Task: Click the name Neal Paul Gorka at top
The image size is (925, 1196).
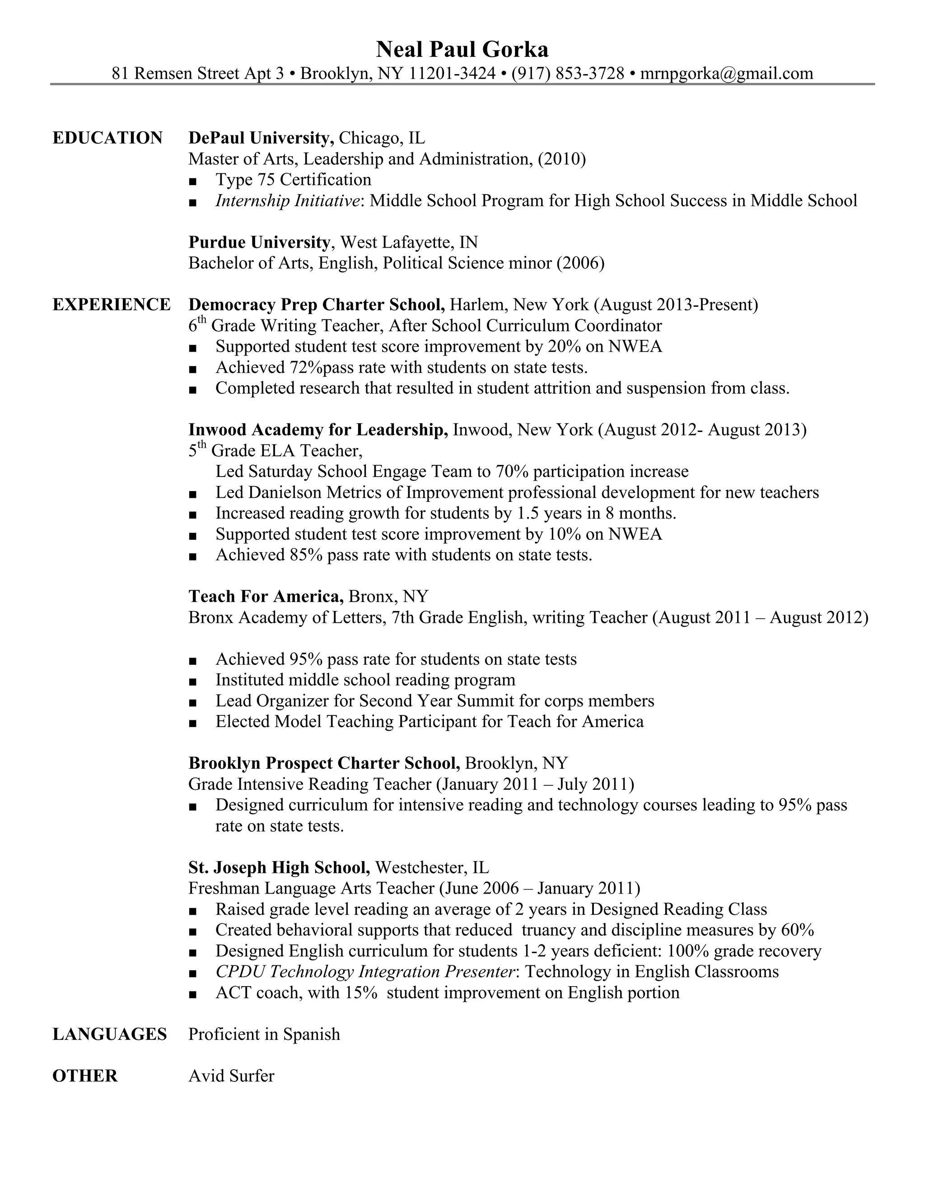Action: click(x=462, y=50)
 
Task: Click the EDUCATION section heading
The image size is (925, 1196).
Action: click(x=107, y=138)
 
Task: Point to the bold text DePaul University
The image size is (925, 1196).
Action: click(x=261, y=138)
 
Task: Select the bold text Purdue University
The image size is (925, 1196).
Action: click(x=259, y=242)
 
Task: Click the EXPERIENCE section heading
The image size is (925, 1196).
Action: click(x=111, y=305)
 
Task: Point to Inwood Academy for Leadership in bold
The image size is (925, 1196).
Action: click(x=318, y=430)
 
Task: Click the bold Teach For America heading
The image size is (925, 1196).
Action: click(x=266, y=596)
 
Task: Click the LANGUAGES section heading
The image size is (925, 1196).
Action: click(x=110, y=1034)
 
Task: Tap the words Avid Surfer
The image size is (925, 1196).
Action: click(x=231, y=1076)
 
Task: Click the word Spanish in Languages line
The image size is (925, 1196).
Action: click(x=311, y=1034)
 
